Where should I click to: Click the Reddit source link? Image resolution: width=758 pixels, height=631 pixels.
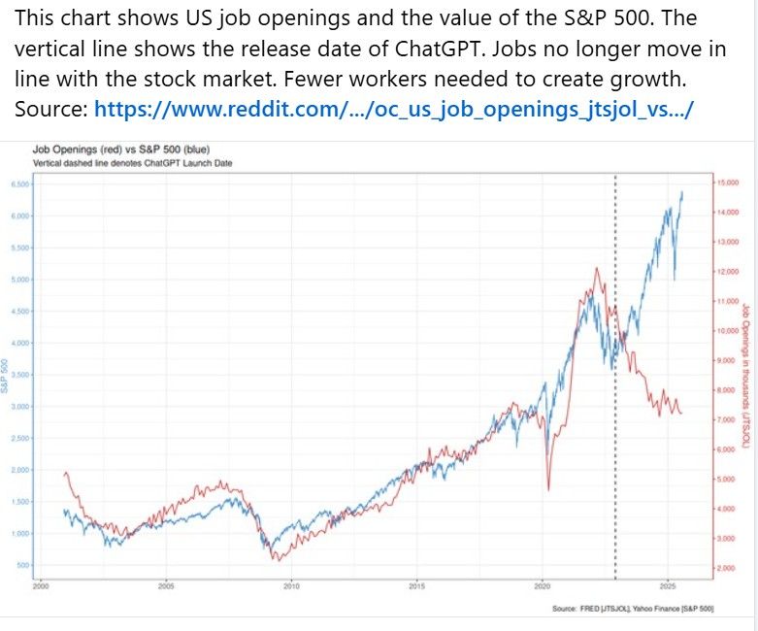click(x=393, y=109)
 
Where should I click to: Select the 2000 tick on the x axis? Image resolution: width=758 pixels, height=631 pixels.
click(x=41, y=586)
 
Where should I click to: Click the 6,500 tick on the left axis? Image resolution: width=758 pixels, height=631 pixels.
click(x=19, y=183)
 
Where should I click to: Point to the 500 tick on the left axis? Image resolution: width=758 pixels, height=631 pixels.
click(x=22, y=565)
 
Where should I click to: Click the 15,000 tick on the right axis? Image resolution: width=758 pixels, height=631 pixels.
click(x=728, y=182)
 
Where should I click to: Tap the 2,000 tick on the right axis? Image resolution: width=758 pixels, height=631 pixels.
click(x=726, y=567)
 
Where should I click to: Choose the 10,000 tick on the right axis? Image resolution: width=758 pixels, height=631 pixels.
click(x=728, y=331)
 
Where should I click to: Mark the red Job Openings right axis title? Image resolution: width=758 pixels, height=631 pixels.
click(x=745, y=374)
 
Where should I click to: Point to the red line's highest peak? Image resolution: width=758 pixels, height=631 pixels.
click(x=595, y=268)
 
